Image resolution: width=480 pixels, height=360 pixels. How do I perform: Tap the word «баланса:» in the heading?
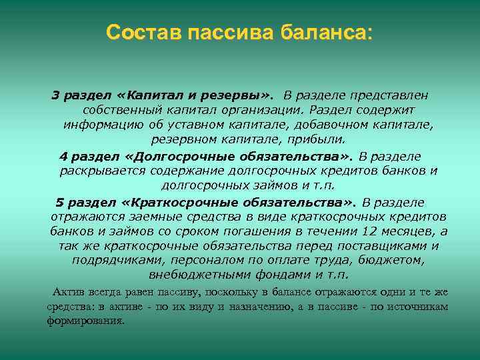pyautogui.click(x=327, y=33)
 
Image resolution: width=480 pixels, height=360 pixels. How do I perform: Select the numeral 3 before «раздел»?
pyautogui.click(x=56, y=96)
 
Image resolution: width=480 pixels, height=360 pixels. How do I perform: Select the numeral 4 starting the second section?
pyautogui.click(x=63, y=156)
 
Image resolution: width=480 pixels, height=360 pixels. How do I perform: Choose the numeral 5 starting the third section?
pyautogui.click(x=59, y=202)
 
